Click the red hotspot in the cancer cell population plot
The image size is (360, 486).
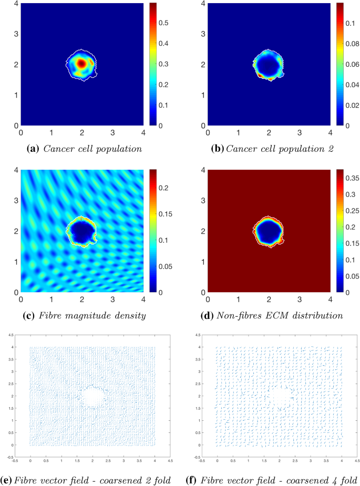click(81, 63)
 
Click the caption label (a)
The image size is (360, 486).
click(35, 149)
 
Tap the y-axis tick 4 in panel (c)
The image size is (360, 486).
click(15, 169)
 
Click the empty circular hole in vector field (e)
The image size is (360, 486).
click(92, 396)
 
